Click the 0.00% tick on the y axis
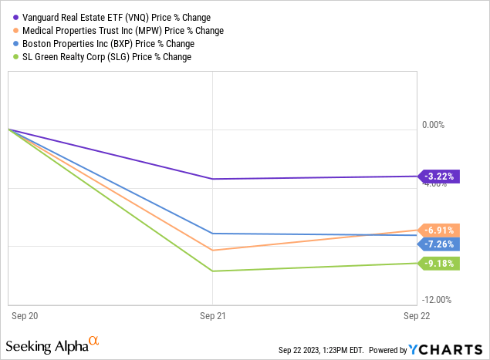[x=434, y=125]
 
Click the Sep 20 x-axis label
[x=24, y=316]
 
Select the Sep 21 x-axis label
[x=212, y=316]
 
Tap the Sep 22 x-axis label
[x=417, y=316]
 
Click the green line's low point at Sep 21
[x=212, y=271]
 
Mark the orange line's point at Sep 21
[x=212, y=250]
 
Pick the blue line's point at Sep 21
[x=212, y=234]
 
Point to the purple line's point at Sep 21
[x=212, y=179]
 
